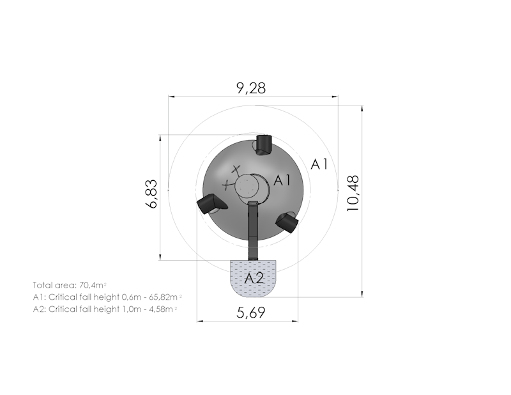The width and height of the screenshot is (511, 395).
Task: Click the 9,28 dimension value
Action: click(251, 88)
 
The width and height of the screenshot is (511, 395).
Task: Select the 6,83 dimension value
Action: click(152, 194)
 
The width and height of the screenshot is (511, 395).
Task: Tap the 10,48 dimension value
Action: click(353, 193)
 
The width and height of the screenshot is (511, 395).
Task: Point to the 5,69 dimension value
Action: click(251, 313)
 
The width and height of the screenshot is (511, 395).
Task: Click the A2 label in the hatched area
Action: click(254, 279)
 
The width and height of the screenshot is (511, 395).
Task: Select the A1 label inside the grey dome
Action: click(282, 180)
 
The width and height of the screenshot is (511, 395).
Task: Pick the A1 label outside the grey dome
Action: click(319, 164)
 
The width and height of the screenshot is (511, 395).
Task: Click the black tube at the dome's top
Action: click(264, 145)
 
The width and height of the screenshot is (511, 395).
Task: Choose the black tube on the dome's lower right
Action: click(287, 222)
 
